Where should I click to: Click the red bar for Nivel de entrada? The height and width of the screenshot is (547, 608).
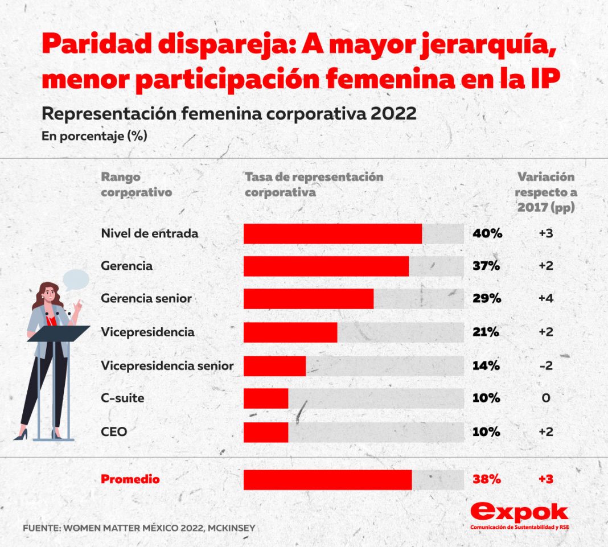332,233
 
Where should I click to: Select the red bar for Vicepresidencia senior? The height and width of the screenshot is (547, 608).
274,366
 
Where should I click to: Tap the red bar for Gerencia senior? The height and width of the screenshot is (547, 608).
309,299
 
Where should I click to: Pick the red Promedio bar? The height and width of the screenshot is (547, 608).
327,480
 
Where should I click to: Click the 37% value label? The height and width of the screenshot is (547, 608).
486,266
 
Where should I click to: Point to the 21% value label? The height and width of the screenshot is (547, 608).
486,332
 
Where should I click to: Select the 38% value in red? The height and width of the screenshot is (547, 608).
487,479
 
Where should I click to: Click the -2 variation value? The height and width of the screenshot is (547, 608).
545,365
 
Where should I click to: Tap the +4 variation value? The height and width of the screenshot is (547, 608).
545,299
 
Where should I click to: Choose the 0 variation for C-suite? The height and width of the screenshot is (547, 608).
545,398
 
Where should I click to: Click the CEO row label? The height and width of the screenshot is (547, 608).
114,432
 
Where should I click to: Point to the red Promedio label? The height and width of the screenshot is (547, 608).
130,479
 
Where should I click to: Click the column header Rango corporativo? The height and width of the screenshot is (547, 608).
137,184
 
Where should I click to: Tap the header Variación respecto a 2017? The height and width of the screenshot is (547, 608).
545,192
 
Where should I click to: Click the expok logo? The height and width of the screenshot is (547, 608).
519,515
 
